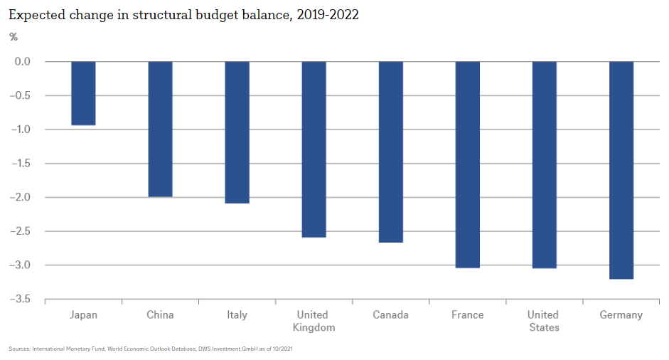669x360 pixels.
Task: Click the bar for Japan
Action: [x=84, y=93]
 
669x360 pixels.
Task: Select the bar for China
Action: [x=160, y=129]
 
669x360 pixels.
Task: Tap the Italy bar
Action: [x=237, y=132]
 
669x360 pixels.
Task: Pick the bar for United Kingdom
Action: [x=314, y=149]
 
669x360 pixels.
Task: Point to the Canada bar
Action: [x=391, y=152]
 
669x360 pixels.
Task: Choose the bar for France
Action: [x=467, y=164]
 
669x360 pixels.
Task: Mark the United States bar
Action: [x=544, y=164]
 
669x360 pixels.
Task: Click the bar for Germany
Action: [x=621, y=170]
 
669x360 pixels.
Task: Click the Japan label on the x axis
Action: [x=84, y=314]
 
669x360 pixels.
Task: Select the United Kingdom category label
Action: [x=314, y=321]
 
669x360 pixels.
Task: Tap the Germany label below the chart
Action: [x=621, y=314]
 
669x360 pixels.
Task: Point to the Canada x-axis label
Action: [x=391, y=314]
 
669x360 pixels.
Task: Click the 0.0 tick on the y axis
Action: [x=22, y=61]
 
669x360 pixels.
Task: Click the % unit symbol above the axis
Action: [x=14, y=36]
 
